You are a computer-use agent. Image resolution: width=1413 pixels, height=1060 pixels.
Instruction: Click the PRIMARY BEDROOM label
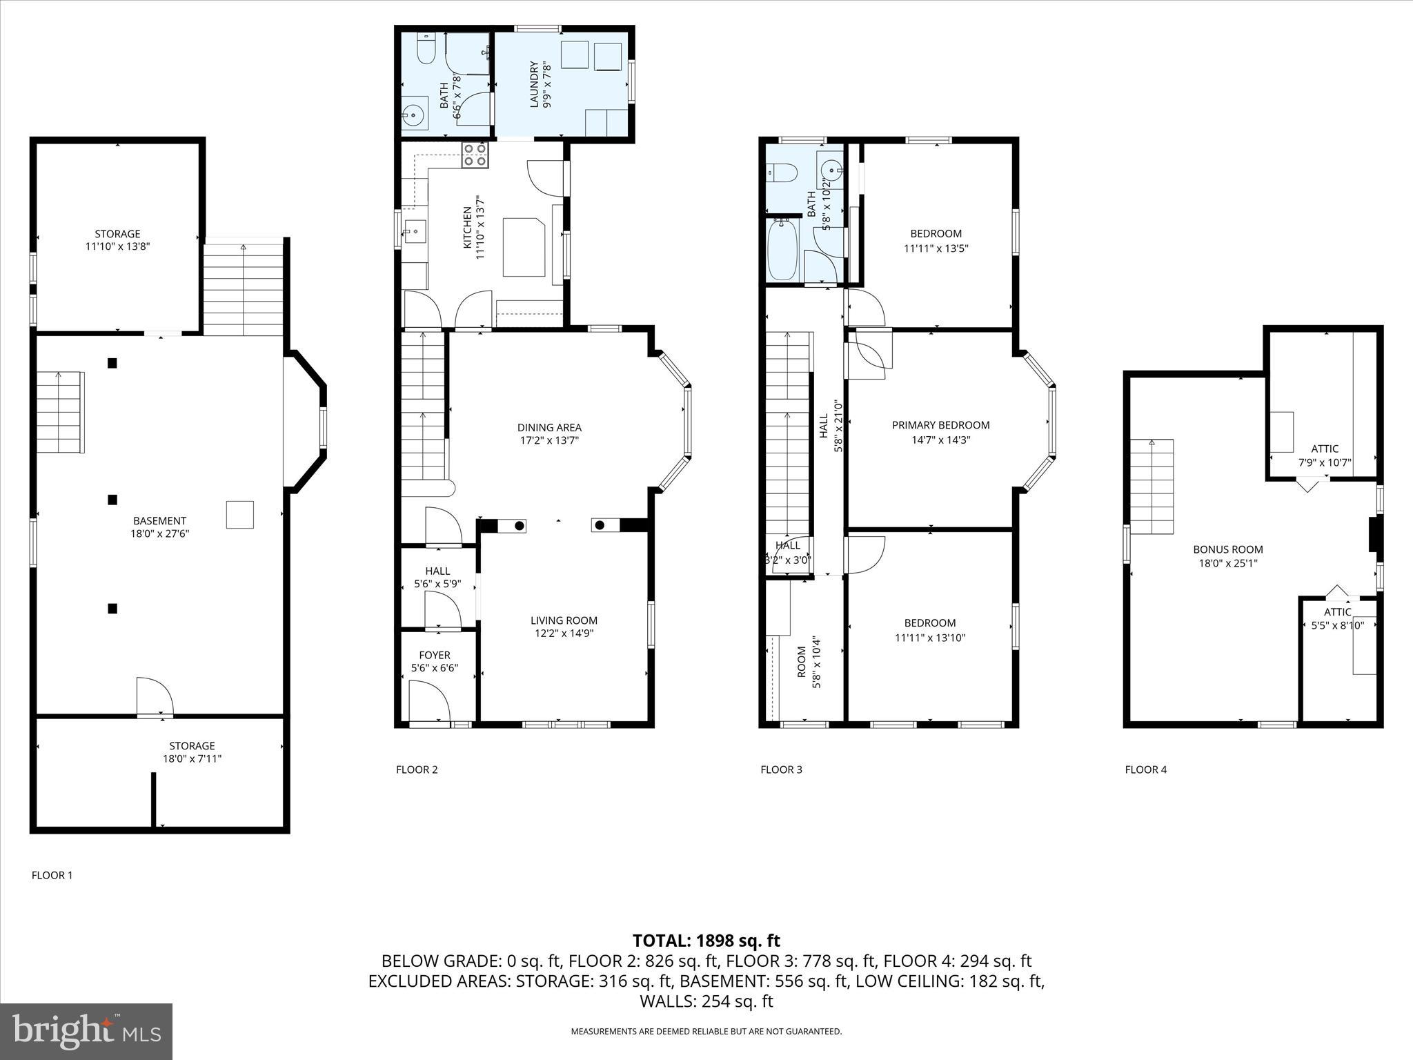tap(940, 425)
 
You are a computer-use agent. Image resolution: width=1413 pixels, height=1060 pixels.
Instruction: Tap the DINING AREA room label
tap(549, 427)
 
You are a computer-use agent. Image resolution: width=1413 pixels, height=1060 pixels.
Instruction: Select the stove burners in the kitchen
tap(475, 155)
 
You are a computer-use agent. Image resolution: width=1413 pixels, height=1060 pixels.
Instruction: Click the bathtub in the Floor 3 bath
tap(782, 250)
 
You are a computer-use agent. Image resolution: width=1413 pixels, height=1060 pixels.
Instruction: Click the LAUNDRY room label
tap(533, 85)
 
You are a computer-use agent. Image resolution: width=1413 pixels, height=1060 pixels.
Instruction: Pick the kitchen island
tap(523, 246)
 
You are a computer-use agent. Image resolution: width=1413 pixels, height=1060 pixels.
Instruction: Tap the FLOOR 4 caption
tap(1145, 769)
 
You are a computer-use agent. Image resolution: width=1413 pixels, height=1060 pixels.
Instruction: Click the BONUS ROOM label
tap(1228, 549)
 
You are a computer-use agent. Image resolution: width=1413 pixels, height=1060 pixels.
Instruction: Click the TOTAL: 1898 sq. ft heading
tap(706, 941)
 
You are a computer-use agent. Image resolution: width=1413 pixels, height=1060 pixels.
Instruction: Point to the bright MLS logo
tap(86, 1031)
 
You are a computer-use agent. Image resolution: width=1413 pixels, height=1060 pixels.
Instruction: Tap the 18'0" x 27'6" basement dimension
tap(159, 533)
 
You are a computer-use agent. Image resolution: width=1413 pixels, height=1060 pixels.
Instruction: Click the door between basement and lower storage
tap(155, 697)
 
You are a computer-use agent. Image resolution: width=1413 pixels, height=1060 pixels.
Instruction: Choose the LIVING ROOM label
tap(564, 620)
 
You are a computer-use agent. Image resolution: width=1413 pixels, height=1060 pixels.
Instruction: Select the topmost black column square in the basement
tap(112, 363)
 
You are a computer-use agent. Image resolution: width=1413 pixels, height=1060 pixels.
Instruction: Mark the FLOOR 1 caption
tap(52, 875)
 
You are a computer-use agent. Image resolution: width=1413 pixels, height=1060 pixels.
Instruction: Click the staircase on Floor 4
tap(1152, 487)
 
